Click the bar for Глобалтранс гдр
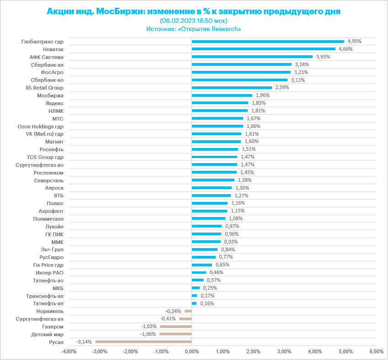tap(268, 41)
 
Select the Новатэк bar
tap(263, 49)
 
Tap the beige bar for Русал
tap(144, 342)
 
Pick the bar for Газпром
tap(175, 327)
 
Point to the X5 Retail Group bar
tap(232, 88)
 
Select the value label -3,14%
tap(84, 342)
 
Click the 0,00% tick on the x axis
tap(191, 351)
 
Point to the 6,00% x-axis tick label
tap(376, 351)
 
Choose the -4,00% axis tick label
tap(69, 351)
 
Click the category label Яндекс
tap(55, 103)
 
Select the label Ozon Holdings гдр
tap(41, 126)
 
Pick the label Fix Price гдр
tap(48, 265)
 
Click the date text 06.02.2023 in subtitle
tap(180, 21)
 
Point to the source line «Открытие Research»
tap(210, 29)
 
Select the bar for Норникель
tap(188, 311)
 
